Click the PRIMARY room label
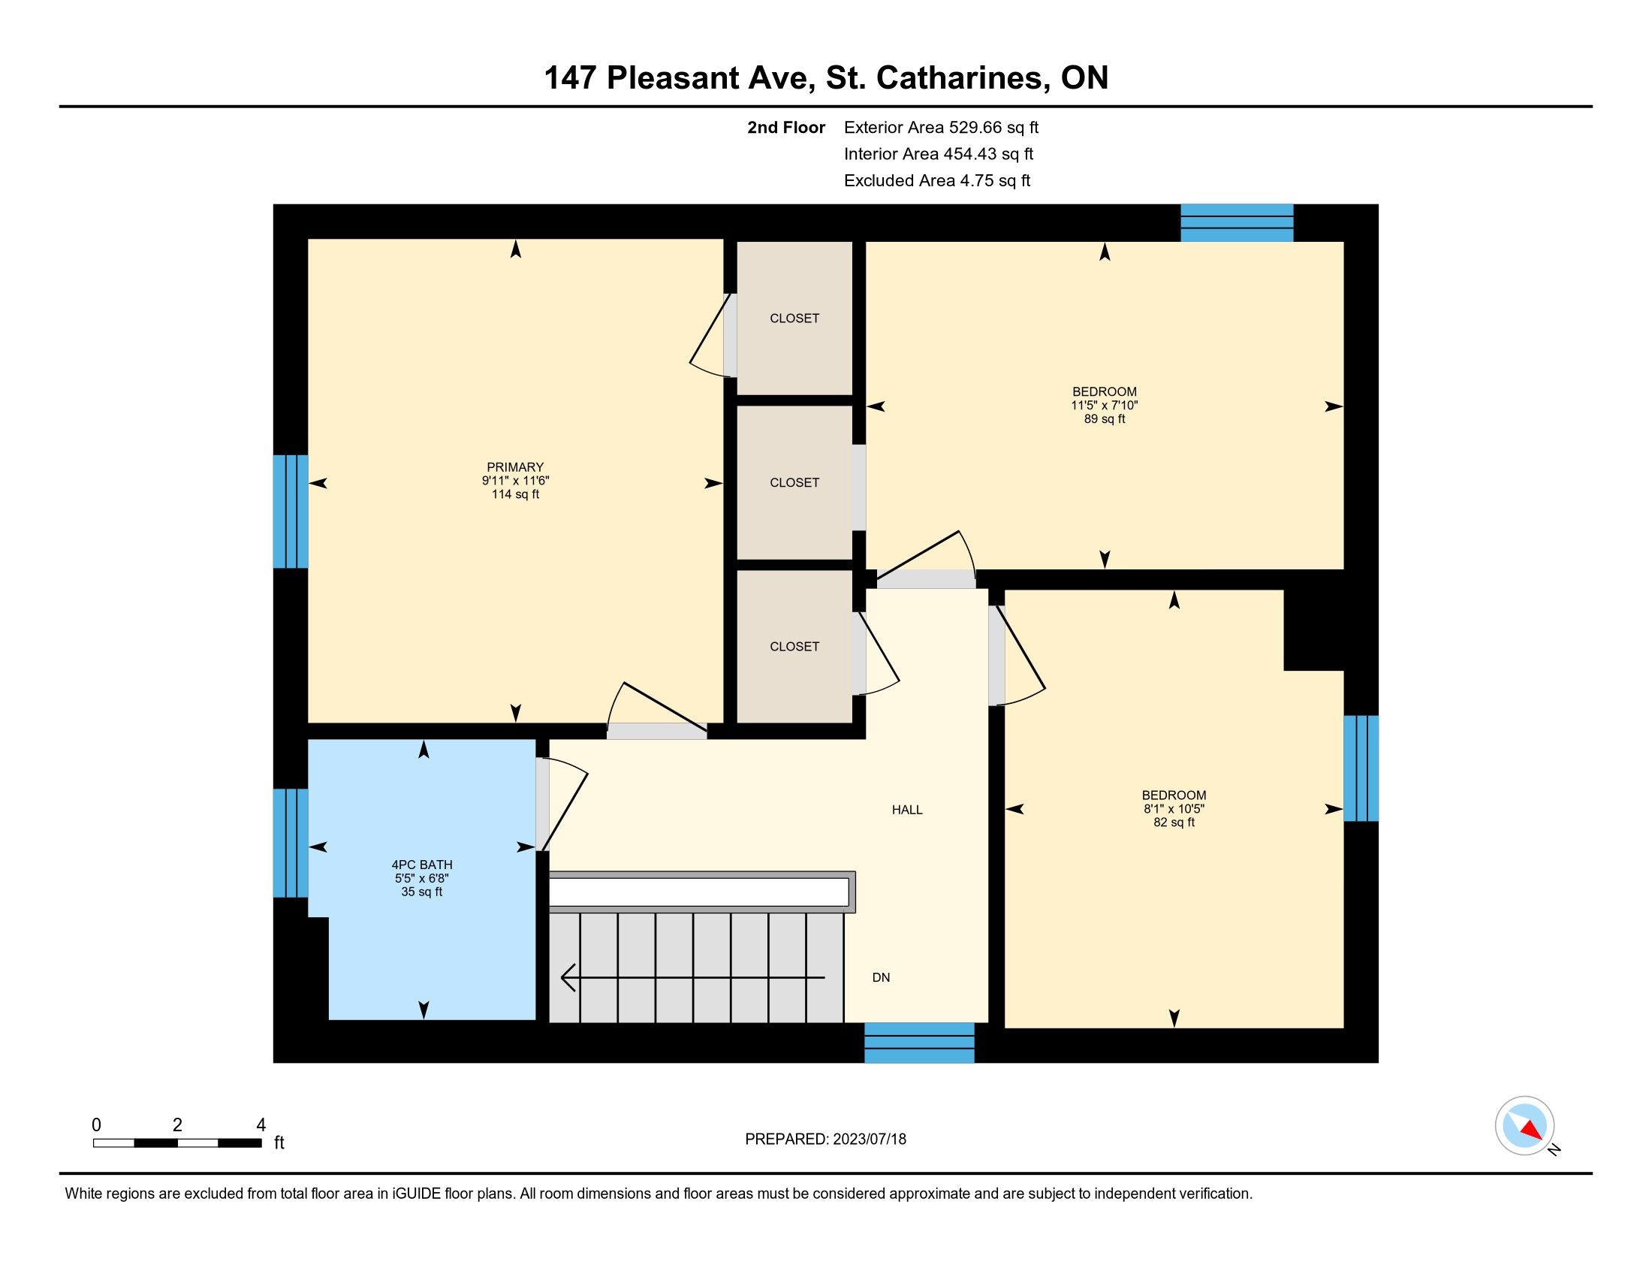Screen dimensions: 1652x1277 tap(515, 466)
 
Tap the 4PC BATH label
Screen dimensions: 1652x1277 tap(422, 865)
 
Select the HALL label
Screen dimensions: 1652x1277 tap(907, 810)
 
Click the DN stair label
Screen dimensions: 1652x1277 tap(882, 977)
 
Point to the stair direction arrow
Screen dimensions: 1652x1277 tap(692, 977)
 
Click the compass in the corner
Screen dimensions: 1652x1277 tap(1525, 1127)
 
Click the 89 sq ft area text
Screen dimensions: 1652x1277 tap(1105, 419)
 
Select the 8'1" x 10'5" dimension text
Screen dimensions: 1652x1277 tap(1174, 809)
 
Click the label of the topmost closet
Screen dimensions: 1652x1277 tap(794, 318)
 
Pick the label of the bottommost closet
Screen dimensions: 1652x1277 tap(794, 647)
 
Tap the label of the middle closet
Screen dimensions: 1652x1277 tap(794, 483)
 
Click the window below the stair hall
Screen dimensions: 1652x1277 tap(919, 1043)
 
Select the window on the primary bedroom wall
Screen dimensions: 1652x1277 tap(291, 512)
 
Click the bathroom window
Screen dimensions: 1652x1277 tap(291, 843)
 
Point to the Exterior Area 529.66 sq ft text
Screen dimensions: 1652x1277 tap(941, 127)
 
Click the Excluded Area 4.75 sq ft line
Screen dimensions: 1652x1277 tap(937, 180)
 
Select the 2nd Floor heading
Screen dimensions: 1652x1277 tap(786, 127)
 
